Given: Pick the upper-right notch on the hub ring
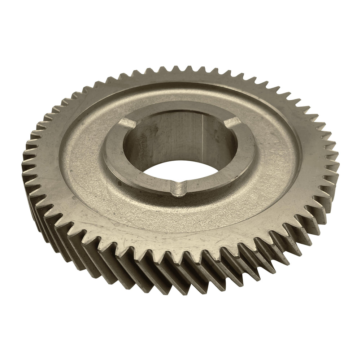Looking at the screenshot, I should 232,123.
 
